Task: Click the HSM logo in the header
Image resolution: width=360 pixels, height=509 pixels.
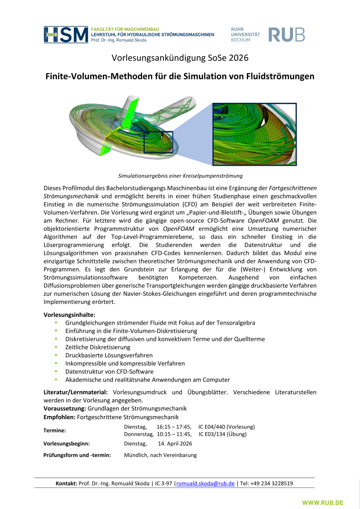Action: click(66, 35)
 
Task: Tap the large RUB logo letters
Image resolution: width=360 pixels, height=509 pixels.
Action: click(286, 35)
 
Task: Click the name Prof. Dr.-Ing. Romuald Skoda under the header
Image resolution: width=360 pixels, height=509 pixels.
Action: click(119, 40)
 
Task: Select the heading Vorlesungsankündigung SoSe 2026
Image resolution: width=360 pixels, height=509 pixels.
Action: click(180, 58)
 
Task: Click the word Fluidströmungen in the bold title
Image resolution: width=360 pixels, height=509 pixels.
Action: click(280, 76)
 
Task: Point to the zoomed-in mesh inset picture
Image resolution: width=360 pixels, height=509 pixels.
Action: click(254, 134)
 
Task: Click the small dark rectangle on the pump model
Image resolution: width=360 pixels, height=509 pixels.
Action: click(158, 142)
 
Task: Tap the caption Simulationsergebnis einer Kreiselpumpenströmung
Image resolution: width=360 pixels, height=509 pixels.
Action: click(180, 176)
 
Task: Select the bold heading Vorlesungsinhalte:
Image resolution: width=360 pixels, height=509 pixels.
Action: click(69, 315)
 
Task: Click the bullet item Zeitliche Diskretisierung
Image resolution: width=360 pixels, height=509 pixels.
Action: click(98, 347)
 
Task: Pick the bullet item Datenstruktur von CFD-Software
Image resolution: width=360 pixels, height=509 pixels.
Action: click(109, 372)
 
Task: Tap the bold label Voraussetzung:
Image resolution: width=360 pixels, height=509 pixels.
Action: click(65, 408)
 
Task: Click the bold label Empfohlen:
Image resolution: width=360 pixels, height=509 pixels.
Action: click(59, 417)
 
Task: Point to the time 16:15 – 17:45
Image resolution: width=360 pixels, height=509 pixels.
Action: click(174, 427)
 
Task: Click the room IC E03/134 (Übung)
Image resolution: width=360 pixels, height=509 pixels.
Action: click(222, 434)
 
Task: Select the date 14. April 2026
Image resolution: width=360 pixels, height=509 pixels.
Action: click(175, 444)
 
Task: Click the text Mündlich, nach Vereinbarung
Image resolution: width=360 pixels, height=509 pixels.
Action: click(160, 455)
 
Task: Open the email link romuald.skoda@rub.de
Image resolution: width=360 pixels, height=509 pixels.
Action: click(205, 484)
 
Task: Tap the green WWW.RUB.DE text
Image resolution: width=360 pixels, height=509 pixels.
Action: click(323, 503)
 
